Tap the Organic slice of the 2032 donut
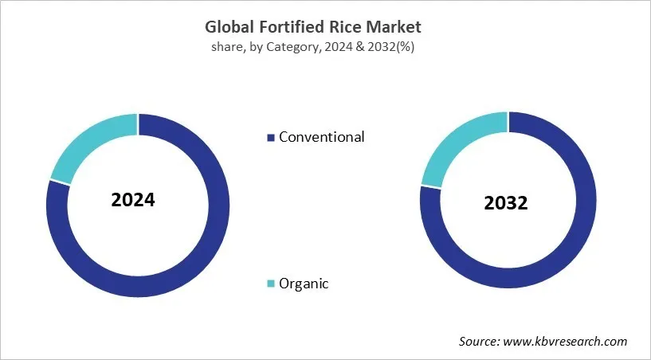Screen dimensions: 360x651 (x=459, y=145)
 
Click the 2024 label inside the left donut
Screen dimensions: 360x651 (x=133, y=200)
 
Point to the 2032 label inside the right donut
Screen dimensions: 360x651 (x=506, y=203)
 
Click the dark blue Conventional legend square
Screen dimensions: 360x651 (x=270, y=137)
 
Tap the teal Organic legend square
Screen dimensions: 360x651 (x=270, y=284)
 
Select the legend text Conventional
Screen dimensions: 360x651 (x=321, y=137)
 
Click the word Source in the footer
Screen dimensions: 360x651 (x=479, y=341)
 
